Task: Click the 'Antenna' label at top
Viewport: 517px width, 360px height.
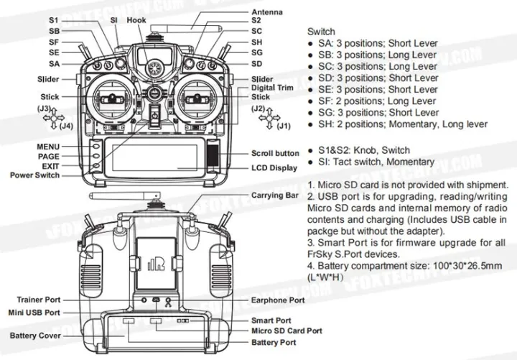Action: (x=266, y=12)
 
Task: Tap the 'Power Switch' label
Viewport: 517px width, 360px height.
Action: (x=35, y=175)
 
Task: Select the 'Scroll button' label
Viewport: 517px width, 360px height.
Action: (x=275, y=153)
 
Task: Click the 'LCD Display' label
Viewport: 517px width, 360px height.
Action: (x=274, y=167)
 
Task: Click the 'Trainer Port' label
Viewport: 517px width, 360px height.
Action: (x=39, y=300)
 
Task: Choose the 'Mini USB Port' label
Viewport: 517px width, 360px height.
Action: (x=35, y=313)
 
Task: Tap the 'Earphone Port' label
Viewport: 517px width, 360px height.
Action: (x=278, y=300)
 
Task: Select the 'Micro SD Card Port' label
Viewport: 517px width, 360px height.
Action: (x=286, y=331)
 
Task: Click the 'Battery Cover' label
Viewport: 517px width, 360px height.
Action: (x=34, y=336)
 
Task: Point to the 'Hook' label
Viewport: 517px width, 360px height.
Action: (x=136, y=21)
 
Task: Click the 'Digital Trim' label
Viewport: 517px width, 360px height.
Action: (x=272, y=88)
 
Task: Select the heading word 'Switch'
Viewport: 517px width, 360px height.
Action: (x=321, y=32)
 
